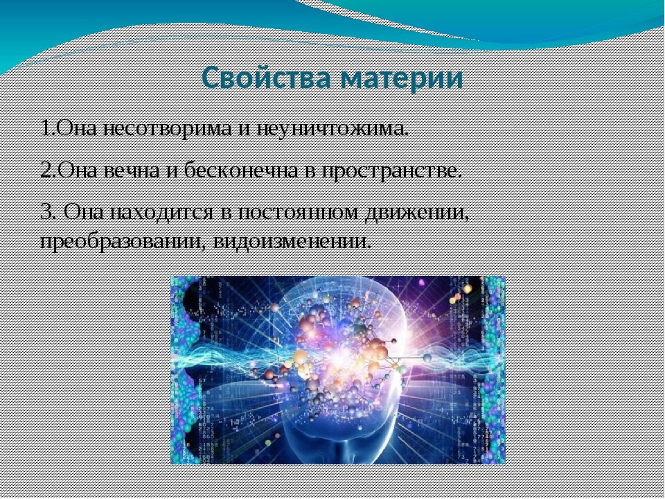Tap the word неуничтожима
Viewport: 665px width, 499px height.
point(333,129)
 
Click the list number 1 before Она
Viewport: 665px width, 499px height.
point(46,129)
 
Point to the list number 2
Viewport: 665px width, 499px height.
point(46,171)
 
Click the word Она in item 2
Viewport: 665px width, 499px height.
point(78,171)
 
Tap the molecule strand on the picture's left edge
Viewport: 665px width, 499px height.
point(186,370)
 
